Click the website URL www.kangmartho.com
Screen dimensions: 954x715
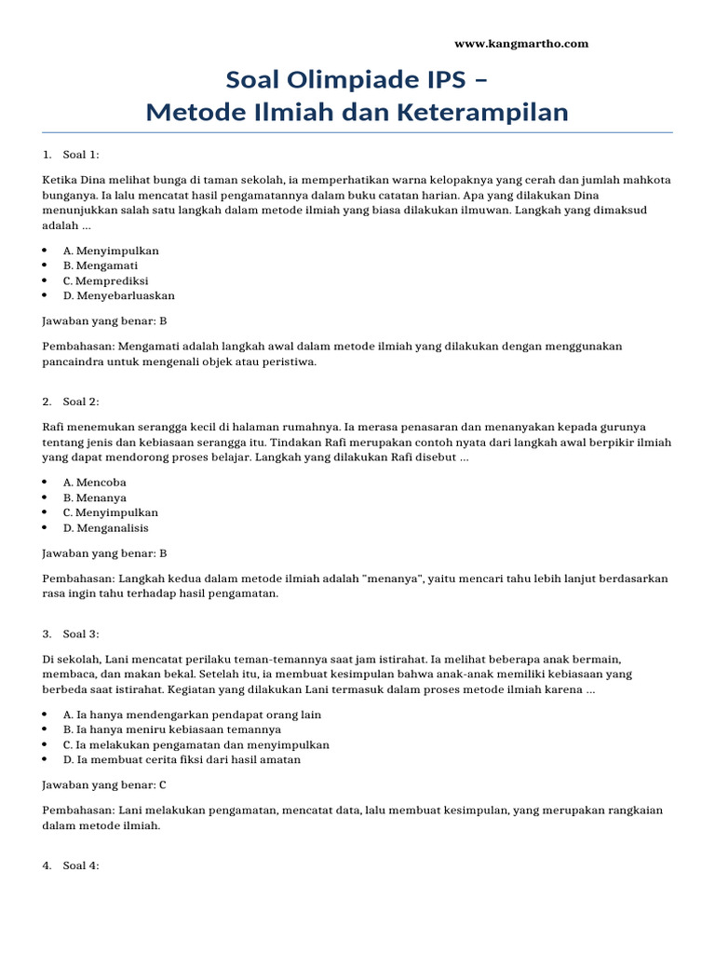(520, 44)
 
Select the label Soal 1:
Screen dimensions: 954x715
(80, 154)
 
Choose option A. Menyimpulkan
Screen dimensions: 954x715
(111, 251)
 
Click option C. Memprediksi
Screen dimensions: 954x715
(105, 280)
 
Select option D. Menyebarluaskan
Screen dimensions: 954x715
(118, 295)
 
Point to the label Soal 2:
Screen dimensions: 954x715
(80, 402)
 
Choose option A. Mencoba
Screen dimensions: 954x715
(94, 483)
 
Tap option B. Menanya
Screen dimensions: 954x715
(94, 497)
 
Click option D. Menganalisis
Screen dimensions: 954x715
(105, 527)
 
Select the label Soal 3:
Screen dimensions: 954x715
(80, 634)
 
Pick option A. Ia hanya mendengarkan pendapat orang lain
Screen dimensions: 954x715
(192, 715)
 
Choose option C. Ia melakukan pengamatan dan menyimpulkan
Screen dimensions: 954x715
(196, 744)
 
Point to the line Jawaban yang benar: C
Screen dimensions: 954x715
(104, 784)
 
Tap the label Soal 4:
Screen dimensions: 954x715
(80, 865)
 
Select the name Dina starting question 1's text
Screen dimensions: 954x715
(94, 180)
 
